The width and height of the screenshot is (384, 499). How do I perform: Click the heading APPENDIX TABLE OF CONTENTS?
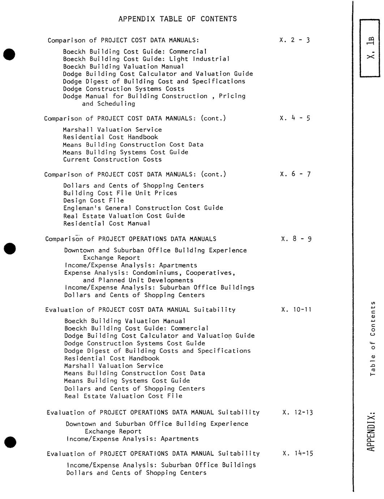click(178, 19)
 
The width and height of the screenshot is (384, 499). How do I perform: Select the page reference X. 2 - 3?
click(295, 40)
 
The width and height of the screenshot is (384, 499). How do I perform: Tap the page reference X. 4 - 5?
click(295, 118)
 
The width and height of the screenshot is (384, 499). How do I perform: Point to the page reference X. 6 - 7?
click(295, 174)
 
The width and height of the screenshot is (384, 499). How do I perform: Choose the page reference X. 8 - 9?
click(296, 239)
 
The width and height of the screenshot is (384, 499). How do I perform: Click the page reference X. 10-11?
click(296, 310)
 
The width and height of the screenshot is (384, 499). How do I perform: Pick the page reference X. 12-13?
click(298, 412)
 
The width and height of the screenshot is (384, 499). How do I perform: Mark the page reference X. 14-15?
click(298, 453)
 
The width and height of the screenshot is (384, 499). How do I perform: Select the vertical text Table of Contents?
click(373, 338)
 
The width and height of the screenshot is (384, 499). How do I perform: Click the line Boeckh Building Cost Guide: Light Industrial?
click(146, 59)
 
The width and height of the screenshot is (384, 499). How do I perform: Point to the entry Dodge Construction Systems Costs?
click(124, 89)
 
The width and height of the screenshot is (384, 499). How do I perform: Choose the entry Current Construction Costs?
click(112, 159)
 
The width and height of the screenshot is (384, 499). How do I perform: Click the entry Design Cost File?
click(94, 201)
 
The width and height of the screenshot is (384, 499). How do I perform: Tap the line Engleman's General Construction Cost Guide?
click(143, 208)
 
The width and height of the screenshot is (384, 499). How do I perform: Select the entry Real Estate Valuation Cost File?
click(123, 396)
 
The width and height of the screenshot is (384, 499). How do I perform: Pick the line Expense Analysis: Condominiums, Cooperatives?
click(150, 273)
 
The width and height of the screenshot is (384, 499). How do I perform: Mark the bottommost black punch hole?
click(10, 442)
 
